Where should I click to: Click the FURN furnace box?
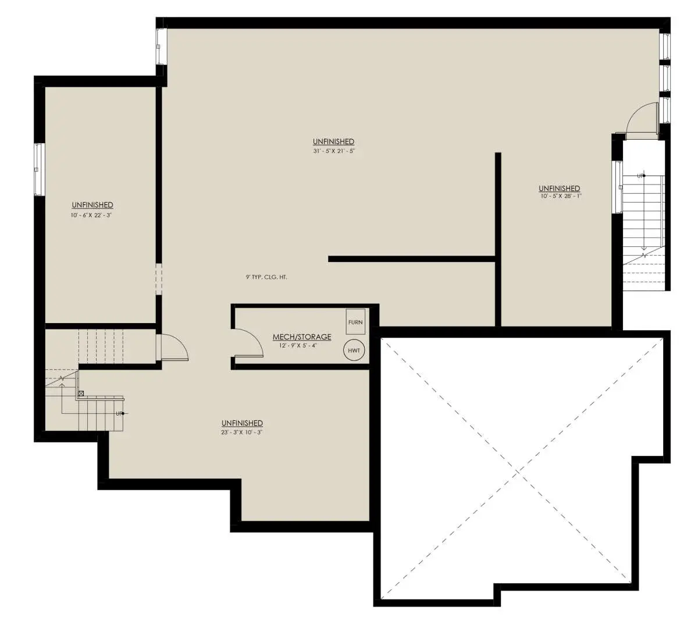[x=355, y=321]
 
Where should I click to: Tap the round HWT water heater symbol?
[x=354, y=350]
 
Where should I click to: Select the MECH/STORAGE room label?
[x=302, y=336]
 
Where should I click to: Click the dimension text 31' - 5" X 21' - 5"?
[x=334, y=151]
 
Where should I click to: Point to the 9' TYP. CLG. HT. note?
[x=266, y=277]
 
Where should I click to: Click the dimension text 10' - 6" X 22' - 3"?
[x=92, y=215]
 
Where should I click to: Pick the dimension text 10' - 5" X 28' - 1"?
[x=561, y=196]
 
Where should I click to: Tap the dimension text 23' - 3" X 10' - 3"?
[x=242, y=432]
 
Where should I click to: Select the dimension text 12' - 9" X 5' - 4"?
[x=298, y=345]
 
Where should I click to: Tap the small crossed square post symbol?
[x=81, y=393]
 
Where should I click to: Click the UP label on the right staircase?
[x=640, y=176]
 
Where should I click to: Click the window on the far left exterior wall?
[x=39, y=169]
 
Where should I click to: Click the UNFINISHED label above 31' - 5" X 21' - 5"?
[x=333, y=141]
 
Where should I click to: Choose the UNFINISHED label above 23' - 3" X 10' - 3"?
[x=242, y=423]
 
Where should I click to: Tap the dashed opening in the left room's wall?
[x=158, y=279]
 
